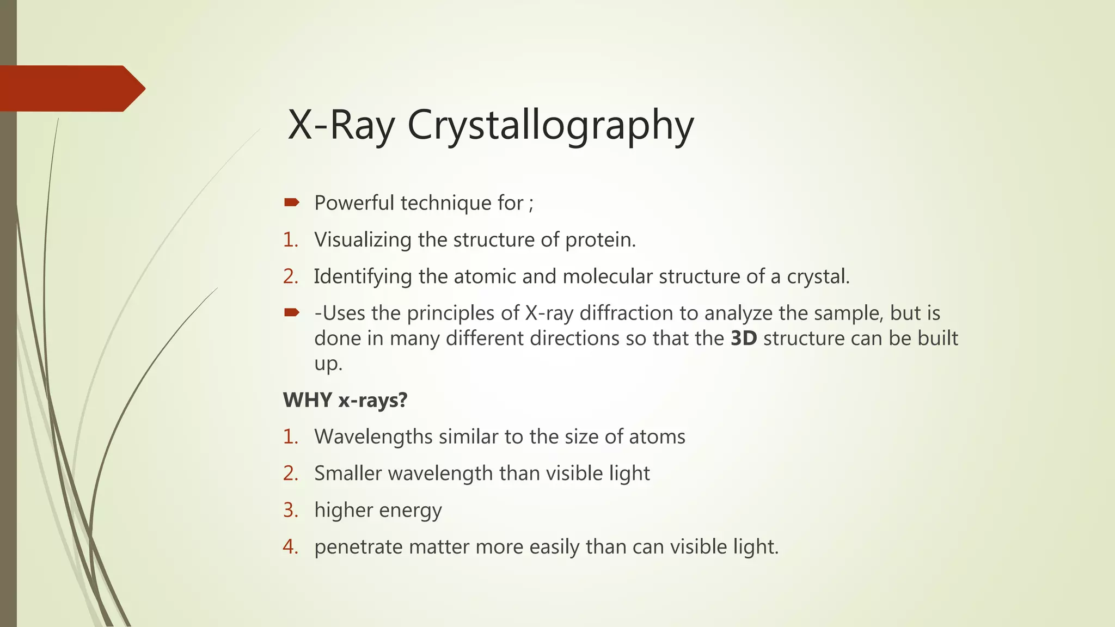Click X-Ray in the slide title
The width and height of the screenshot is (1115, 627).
click(x=341, y=125)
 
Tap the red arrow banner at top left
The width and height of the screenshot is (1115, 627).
click(x=71, y=89)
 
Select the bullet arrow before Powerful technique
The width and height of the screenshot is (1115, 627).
click(x=292, y=203)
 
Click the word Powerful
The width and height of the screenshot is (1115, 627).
click(x=354, y=203)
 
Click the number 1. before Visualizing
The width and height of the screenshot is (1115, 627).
click(x=291, y=240)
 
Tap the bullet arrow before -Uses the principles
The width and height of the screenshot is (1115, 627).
click(x=292, y=312)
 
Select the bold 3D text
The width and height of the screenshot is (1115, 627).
click(x=744, y=339)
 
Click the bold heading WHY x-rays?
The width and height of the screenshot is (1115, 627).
click(x=345, y=401)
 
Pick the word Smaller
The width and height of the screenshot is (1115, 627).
click(x=348, y=474)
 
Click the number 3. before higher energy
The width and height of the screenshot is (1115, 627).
click(x=291, y=511)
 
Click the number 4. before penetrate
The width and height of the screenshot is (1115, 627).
click(x=291, y=547)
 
